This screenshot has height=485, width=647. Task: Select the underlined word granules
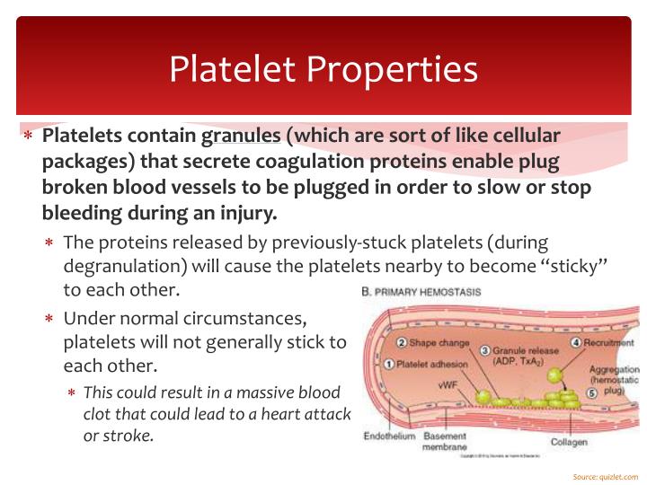point(241,136)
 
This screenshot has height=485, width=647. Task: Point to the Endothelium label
point(389,436)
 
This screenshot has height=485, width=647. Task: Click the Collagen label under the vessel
point(569,442)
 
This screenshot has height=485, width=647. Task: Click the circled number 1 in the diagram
point(388,365)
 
